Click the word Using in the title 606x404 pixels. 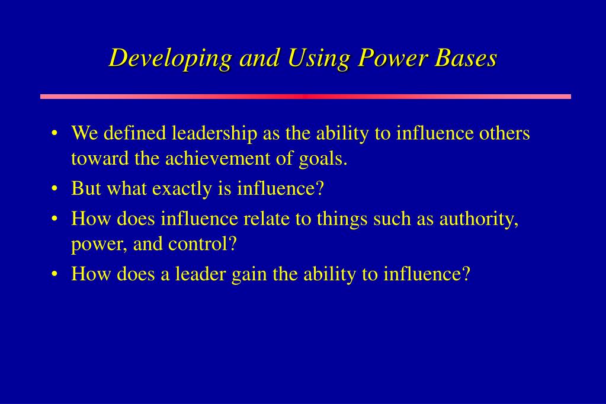[x=318, y=59]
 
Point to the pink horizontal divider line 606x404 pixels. [x=305, y=96]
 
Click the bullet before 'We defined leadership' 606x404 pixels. [x=54, y=133]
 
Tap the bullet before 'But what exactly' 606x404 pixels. [x=54, y=189]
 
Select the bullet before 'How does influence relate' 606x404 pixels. [x=54, y=219]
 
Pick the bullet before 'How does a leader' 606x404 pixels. [x=54, y=274]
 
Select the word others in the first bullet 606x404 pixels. [x=504, y=133]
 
